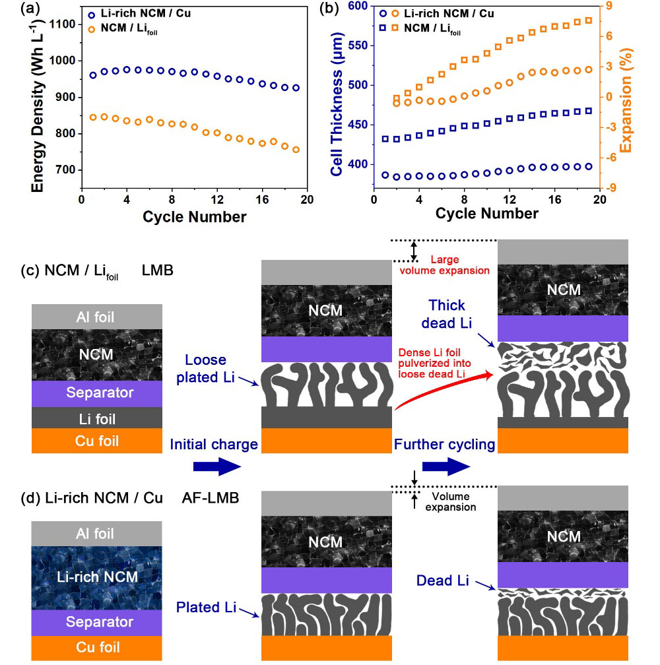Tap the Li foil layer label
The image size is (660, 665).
[96, 417]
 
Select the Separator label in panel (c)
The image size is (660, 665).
[96, 393]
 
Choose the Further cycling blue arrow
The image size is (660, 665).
[445, 466]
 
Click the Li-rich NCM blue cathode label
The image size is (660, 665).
[96, 577]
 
